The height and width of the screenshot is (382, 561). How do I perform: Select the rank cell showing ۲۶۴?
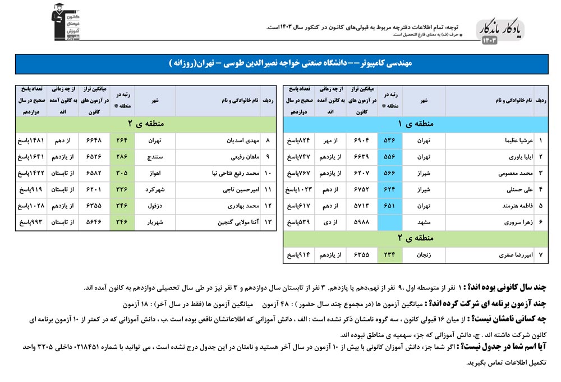[122, 141]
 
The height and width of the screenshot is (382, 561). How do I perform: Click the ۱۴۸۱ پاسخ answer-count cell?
[31, 141]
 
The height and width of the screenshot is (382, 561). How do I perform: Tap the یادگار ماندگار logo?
[503, 31]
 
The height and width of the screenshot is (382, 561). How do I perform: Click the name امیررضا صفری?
[510, 255]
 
